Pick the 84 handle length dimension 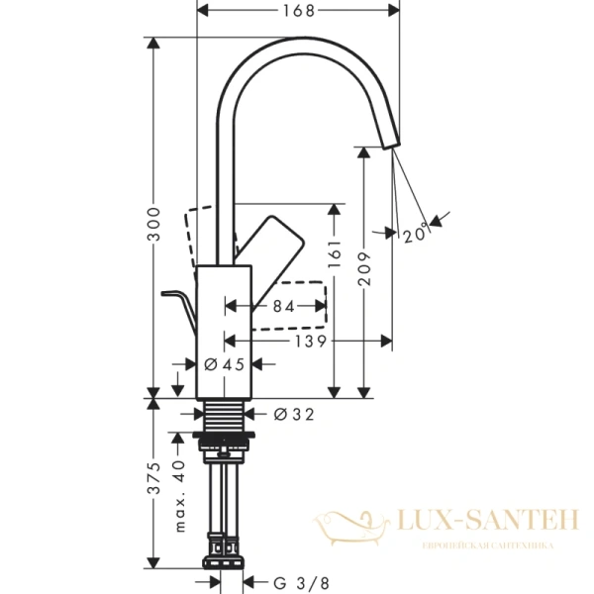point(283,308)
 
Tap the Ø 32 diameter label point(292,414)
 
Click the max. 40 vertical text point(180,495)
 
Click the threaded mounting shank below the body point(227,415)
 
